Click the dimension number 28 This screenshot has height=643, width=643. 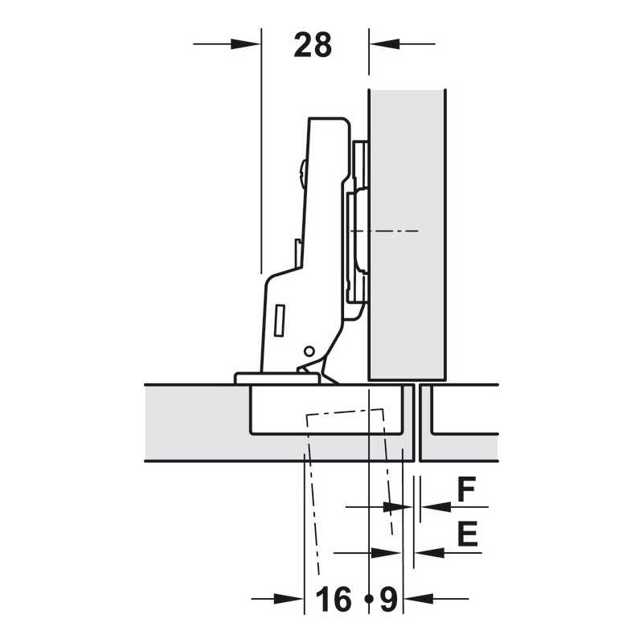point(313,45)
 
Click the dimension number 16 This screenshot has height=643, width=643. point(334,599)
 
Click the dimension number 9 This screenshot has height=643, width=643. point(389,599)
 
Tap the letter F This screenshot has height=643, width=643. point(466,489)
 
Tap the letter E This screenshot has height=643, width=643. point(468,534)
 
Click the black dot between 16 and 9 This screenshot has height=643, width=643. point(369,599)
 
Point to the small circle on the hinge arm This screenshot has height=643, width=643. point(309,351)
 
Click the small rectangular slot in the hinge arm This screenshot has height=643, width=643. point(279,320)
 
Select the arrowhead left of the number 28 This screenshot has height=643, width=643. point(245,44)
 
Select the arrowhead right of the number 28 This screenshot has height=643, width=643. point(384,44)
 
